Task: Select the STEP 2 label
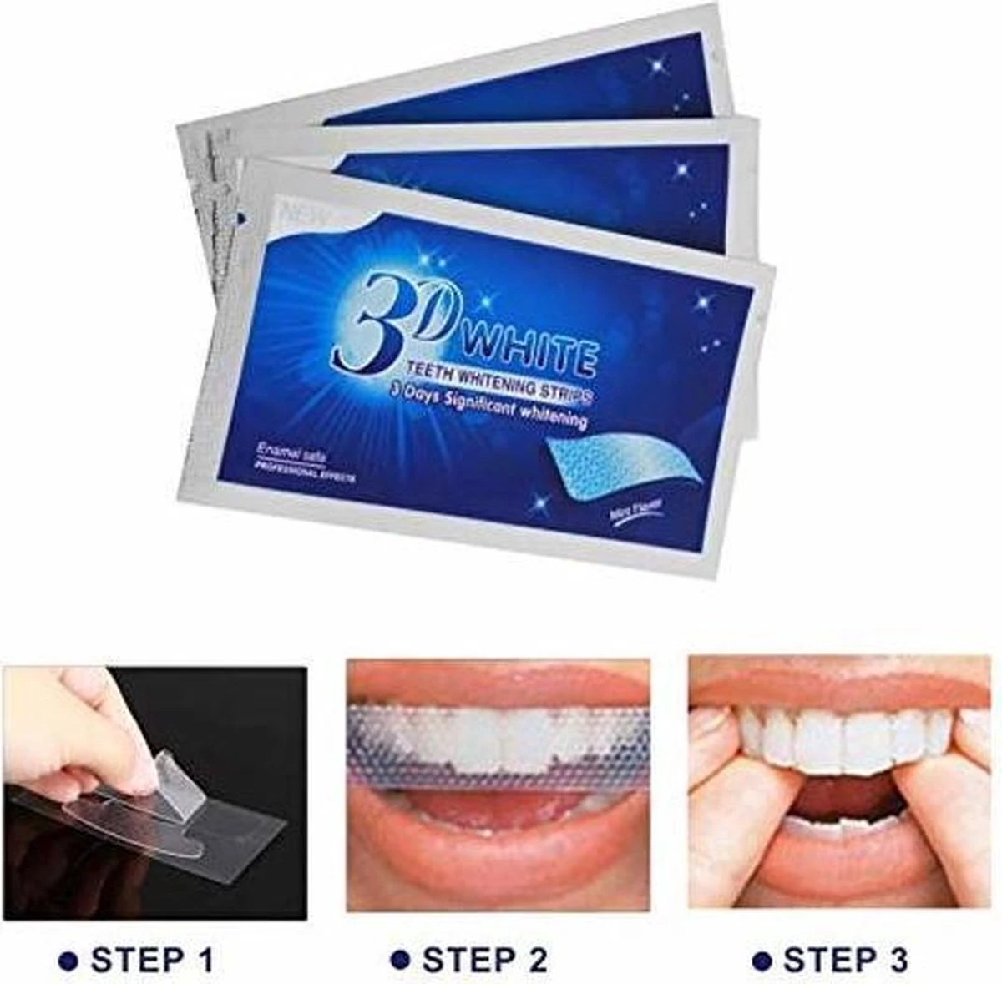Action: [x=484, y=959]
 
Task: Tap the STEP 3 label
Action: [x=843, y=959]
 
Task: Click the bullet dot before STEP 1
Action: [x=75, y=960]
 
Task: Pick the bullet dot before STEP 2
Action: [x=404, y=960]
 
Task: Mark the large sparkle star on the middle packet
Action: [x=683, y=169]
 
